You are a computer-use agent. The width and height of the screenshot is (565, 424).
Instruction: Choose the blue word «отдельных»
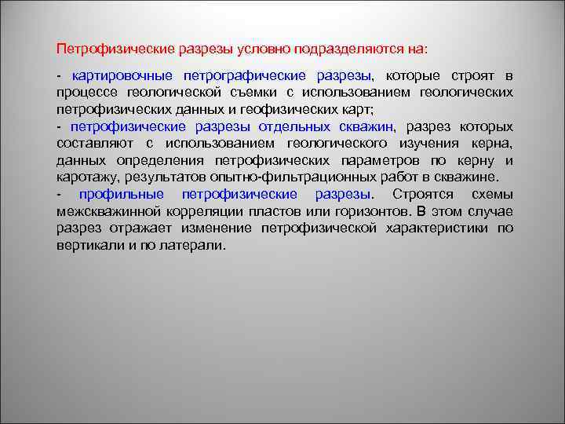pyautogui.click(x=284, y=126)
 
